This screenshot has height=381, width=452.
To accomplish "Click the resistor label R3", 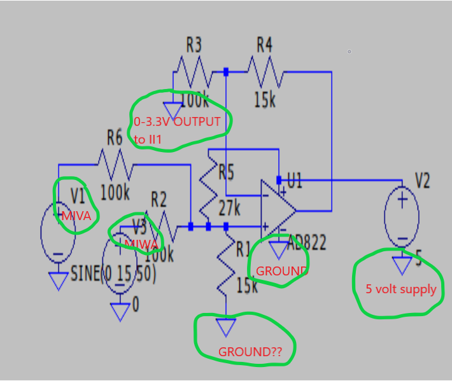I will tap(194, 45).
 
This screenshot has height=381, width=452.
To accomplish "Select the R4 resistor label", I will tap(264, 45).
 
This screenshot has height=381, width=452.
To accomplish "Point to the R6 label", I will tap(115, 137).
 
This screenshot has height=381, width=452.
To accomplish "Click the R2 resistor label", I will tap(158, 201).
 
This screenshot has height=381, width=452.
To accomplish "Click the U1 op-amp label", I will tap(295, 181).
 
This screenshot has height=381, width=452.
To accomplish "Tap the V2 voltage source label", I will tap(423, 181).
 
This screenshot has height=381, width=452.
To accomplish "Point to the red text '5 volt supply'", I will tap(400, 289).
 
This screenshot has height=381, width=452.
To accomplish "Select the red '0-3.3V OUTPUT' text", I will tap(177, 121).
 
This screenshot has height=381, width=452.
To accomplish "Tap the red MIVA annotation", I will tap(76, 216).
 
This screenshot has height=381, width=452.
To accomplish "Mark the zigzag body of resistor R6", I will tap(115, 165).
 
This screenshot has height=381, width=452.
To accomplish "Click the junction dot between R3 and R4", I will tap(227, 72).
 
